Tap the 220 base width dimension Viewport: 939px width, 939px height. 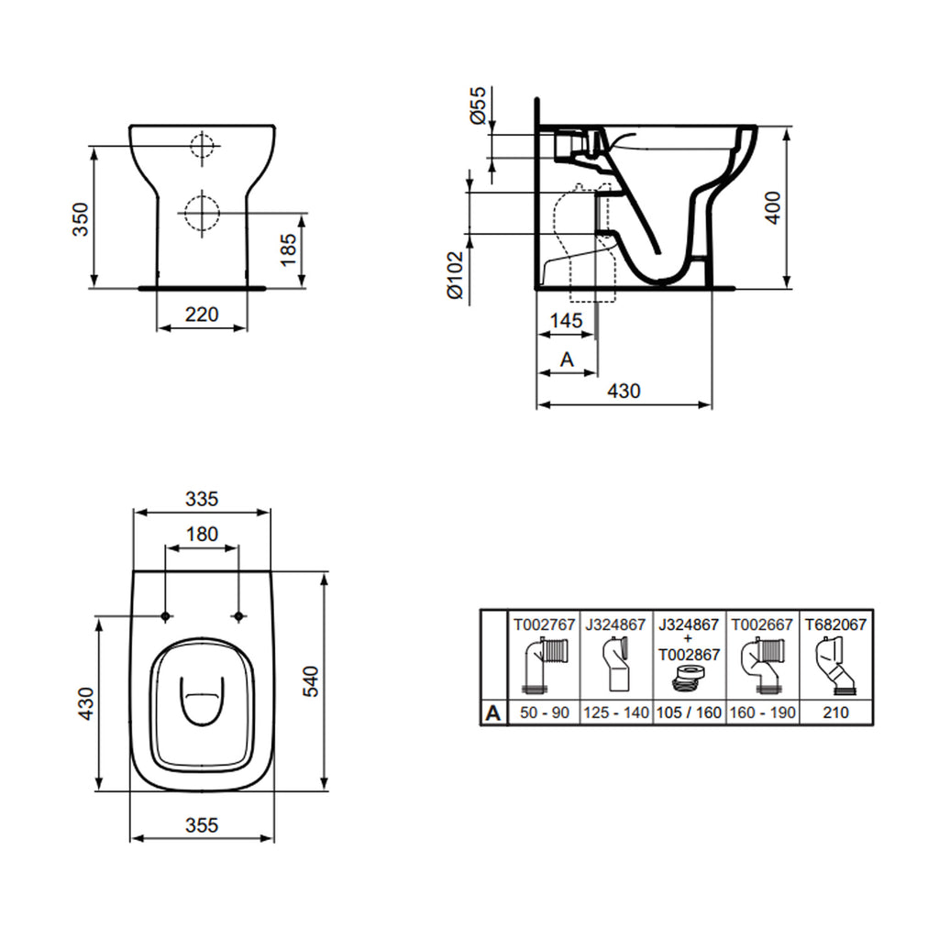[202, 315]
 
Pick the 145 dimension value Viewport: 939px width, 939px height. [567, 321]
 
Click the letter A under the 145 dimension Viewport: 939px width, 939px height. [566, 359]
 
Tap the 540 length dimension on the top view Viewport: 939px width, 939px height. [312, 681]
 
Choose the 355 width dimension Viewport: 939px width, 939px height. [202, 825]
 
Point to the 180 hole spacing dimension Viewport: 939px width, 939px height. [202, 535]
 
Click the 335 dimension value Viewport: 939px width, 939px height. [202, 499]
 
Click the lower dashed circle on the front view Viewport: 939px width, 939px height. [201, 213]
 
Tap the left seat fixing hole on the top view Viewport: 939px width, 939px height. [165, 615]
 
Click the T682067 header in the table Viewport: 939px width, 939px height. [835, 624]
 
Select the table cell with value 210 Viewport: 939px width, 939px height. [835, 713]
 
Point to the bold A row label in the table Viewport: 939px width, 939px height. [493, 713]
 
